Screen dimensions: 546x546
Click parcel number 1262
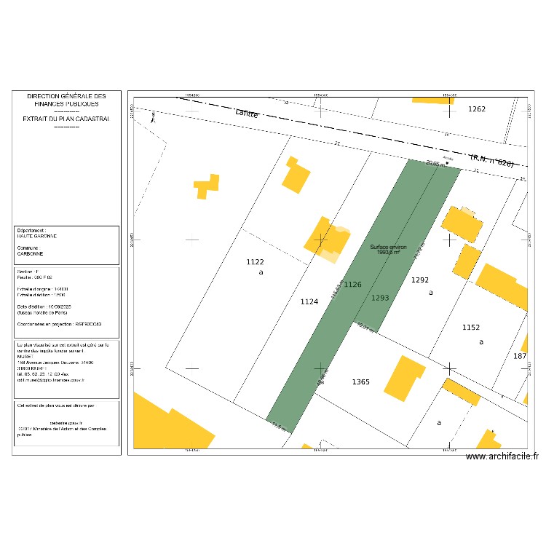pyautogui.click(x=476, y=109)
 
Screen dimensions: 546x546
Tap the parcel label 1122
pyautogui.click(x=255, y=262)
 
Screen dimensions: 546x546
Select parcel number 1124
pyautogui.click(x=309, y=301)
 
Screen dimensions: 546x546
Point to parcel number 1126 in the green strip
pyautogui.click(x=353, y=284)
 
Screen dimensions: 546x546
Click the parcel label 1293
pyautogui.click(x=380, y=298)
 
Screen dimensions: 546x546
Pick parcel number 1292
pyautogui.click(x=421, y=280)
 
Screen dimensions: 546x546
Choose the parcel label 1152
pyautogui.click(x=471, y=328)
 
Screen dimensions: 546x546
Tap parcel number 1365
pyautogui.click(x=360, y=382)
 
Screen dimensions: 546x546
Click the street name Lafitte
pyautogui.click(x=247, y=113)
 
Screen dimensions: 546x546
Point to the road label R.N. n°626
pyautogui.click(x=492, y=160)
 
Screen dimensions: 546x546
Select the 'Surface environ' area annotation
pyautogui.click(x=388, y=249)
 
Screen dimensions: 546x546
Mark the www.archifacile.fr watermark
pyautogui.click(x=502, y=457)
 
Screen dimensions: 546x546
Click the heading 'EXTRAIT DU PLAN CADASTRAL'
pyautogui.click(x=66, y=119)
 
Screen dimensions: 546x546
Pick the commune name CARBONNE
pyautogui.click(x=30, y=254)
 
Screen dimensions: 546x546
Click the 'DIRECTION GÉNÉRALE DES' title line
pyautogui.click(x=66, y=96)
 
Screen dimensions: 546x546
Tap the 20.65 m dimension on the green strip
pyautogui.click(x=435, y=164)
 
